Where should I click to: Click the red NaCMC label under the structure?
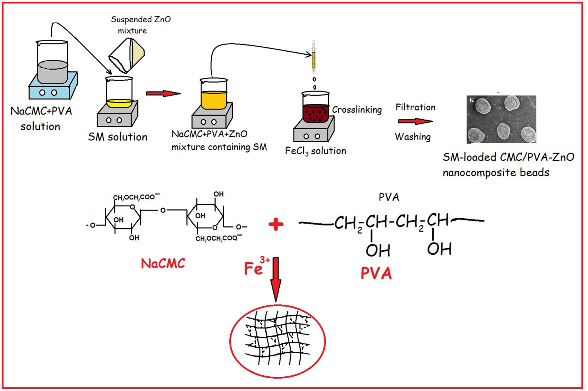(163, 264)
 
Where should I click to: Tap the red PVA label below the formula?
(376, 273)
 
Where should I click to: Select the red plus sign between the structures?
(276, 224)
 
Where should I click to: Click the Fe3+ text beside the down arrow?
(256, 267)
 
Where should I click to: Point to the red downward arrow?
(276, 280)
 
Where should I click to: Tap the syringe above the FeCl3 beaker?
(314, 58)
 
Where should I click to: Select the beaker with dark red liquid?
(315, 108)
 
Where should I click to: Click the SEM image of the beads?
(501, 119)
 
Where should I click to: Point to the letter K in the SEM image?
(471, 100)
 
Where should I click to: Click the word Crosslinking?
(357, 110)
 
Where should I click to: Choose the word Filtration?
(415, 108)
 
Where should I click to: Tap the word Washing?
(412, 137)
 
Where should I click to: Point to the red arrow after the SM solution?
(163, 93)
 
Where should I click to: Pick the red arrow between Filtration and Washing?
(415, 121)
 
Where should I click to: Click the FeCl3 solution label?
(315, 151)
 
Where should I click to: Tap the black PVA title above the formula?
(389, 197)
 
